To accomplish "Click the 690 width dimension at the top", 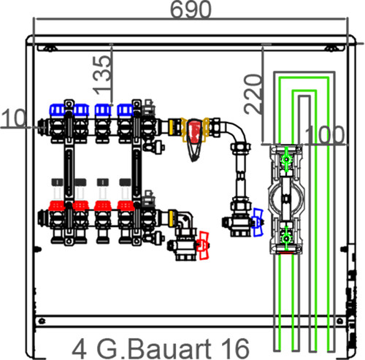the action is pos(191,9).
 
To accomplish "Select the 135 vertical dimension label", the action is pos(102,74).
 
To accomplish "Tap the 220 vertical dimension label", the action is pos(253,94).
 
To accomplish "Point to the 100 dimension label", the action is pos(324,135).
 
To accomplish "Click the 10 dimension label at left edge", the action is pos(13,118).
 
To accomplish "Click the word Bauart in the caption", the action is pos(169,348).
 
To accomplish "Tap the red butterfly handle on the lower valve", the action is pos(203,245).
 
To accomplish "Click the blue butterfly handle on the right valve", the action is pos(258,222).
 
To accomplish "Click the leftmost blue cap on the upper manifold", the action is pos(58,110).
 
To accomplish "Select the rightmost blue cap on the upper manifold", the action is pos(125,110).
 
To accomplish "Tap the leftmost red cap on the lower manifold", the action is pos(57,206).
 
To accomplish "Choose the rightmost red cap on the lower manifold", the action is pos(126,206).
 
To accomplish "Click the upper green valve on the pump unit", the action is pos(286,159).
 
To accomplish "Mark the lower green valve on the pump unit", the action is pos(286,238).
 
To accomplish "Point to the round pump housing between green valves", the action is pos(286,199).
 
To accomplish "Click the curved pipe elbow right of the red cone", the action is pos(236,133).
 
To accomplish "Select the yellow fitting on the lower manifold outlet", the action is pos(172,216).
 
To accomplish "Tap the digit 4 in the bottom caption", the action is pos(80,349).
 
